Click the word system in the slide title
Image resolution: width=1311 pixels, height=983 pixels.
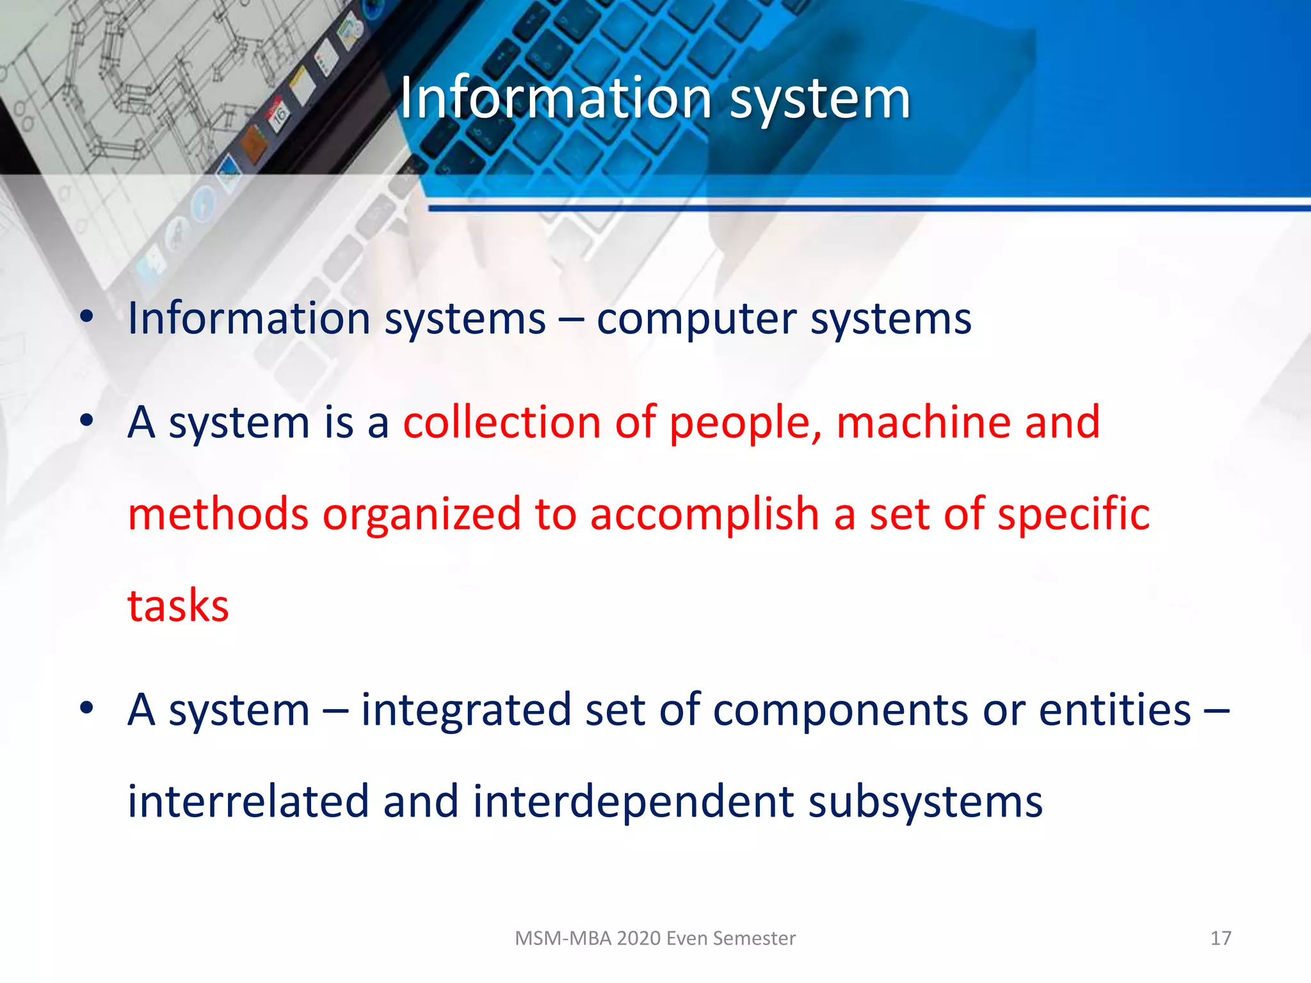click(x=820, y=99)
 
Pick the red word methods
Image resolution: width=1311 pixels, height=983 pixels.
click(x=218, y=514)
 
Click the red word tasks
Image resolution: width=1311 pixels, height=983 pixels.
click(x=178, y=606)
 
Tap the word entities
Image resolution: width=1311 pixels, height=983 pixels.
click(x=1114, y=710)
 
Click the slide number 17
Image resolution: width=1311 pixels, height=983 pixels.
click(x=1220, y=938)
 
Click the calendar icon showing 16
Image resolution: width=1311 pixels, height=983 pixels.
click(x=279, y=115)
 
